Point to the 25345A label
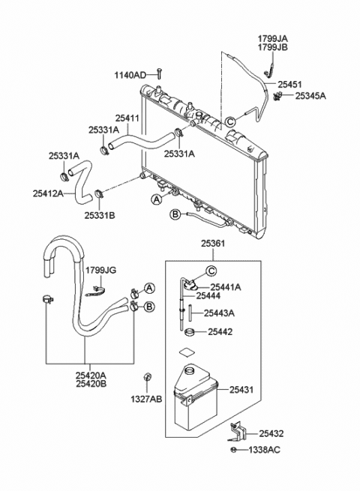pos(311,96)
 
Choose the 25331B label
pos(99,215)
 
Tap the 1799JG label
pos(100,270)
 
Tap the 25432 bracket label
pos(273,433)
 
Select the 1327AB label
pos(148,400)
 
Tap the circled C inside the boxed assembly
pos(211,271)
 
